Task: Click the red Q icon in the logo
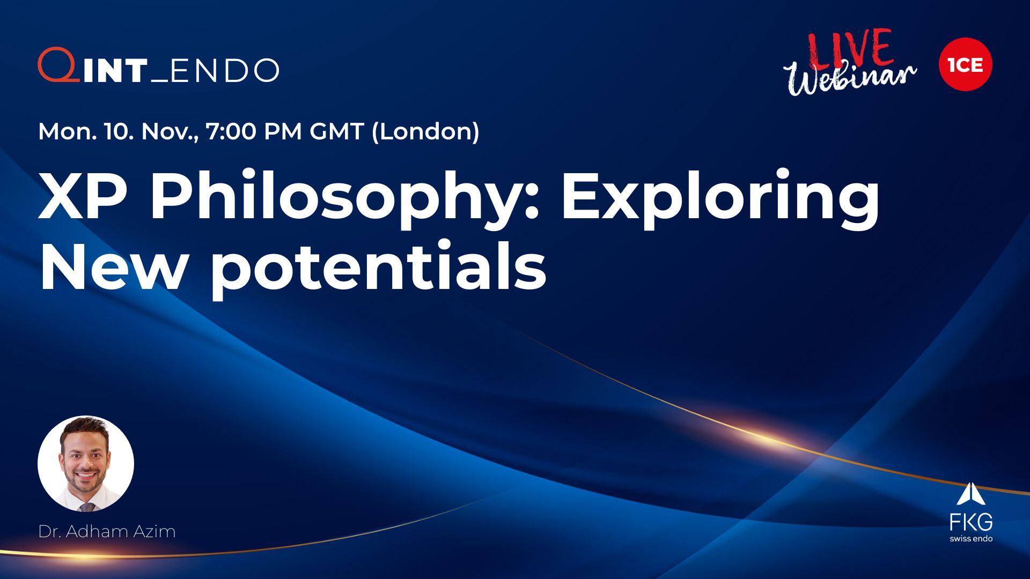pos(58,65)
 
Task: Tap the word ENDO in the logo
pos(224,70)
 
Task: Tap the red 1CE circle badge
pos(965,64)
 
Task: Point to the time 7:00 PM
pos(254,131)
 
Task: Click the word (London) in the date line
pos(425,132)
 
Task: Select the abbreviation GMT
pos(337,131)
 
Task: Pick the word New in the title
pos(113,266)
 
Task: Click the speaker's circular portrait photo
pos(86,464)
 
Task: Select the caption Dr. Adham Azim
pos(107,531)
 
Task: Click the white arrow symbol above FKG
pos(971,494)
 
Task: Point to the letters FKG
pos(971,522)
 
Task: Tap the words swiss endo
pos(971,538)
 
